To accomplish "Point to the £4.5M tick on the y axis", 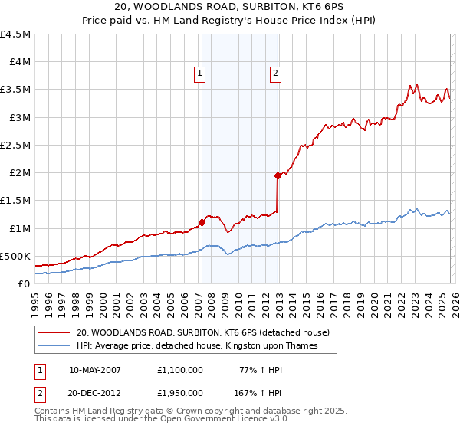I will (15, 34).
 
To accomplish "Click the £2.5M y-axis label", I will (15, 145).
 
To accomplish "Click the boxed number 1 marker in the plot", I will (199, 74).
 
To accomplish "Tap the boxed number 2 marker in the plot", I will (274, 74).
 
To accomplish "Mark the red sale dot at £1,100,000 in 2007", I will (202, 223).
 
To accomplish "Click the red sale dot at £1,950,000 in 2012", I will (278, 175).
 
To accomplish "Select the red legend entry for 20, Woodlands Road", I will (202, 332).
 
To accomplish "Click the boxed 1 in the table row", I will (40, 369).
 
